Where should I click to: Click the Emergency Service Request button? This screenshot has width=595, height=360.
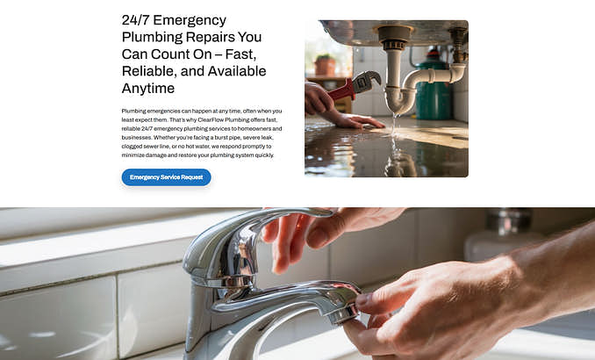tap(166, 177)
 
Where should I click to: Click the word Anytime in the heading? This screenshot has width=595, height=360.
tap(148, 89)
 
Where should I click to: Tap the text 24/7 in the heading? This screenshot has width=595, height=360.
tap(135, 20)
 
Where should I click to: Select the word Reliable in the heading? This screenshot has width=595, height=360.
tap(149, 71)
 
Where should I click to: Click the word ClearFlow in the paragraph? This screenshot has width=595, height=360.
tap(210, 120)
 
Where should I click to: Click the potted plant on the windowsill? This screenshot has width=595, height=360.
tap(325, 65)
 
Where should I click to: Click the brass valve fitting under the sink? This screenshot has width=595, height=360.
tap(458, 44)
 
